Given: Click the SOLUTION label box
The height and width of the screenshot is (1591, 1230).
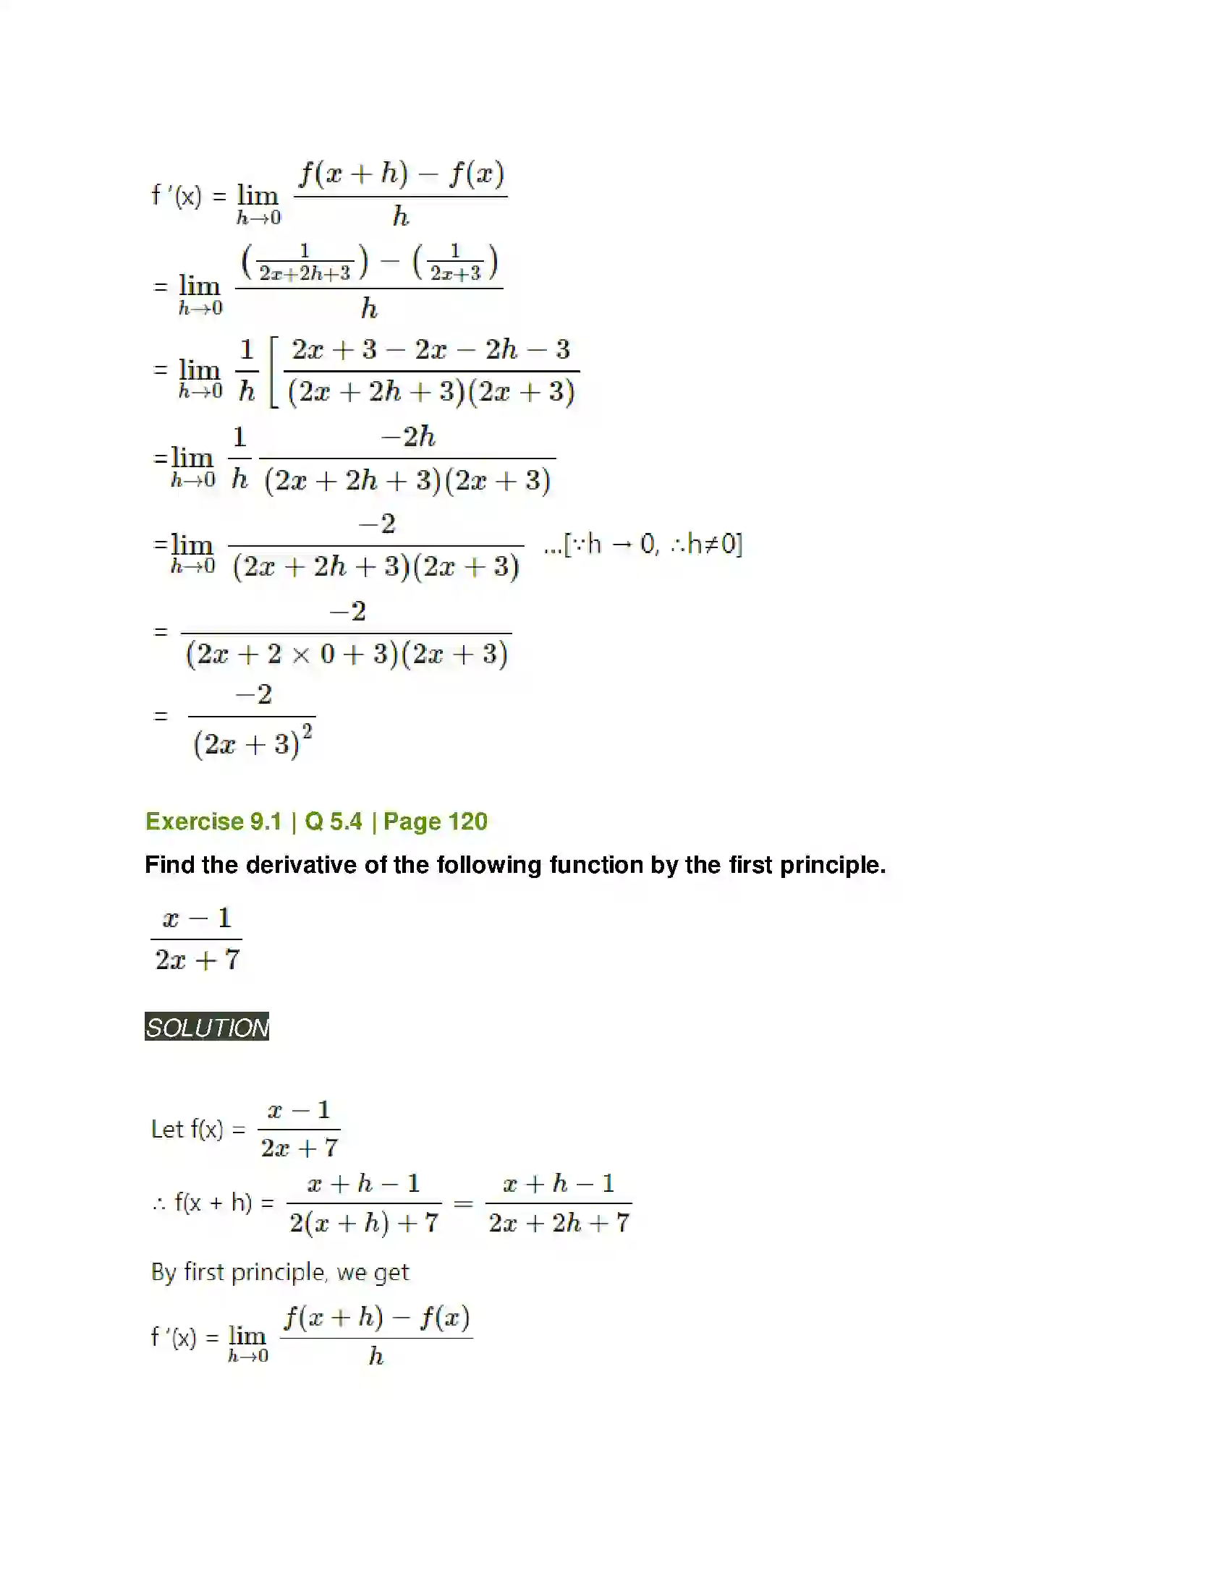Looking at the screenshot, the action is coord(207,1026).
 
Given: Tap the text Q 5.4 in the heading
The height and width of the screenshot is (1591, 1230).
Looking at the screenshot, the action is coord(333,822).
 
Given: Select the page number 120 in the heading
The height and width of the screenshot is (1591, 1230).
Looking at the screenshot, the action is coord(467,822).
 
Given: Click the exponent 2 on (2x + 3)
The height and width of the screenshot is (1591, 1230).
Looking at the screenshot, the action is coord(307,730).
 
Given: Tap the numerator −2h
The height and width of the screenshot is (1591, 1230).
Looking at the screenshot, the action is coord(408,437).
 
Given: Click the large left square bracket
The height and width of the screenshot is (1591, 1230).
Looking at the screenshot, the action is coord(274,372).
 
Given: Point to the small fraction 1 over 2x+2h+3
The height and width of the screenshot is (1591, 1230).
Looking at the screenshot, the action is coord(305,263).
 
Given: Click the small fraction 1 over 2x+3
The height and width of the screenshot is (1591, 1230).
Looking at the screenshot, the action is coord(455,263).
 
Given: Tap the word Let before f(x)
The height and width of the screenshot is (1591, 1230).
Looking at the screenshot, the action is coord(167,1129).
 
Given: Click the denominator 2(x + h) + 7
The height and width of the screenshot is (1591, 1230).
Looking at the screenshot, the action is coord(364,1223).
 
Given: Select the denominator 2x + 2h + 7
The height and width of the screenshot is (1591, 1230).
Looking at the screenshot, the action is coord(559,1223).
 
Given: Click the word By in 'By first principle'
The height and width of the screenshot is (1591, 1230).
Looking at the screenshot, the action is coord(164,1273).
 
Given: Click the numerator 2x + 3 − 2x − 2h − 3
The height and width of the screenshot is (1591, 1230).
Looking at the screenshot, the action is coord(430,350).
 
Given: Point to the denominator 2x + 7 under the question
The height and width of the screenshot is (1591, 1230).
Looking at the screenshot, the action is coord(197,960).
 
